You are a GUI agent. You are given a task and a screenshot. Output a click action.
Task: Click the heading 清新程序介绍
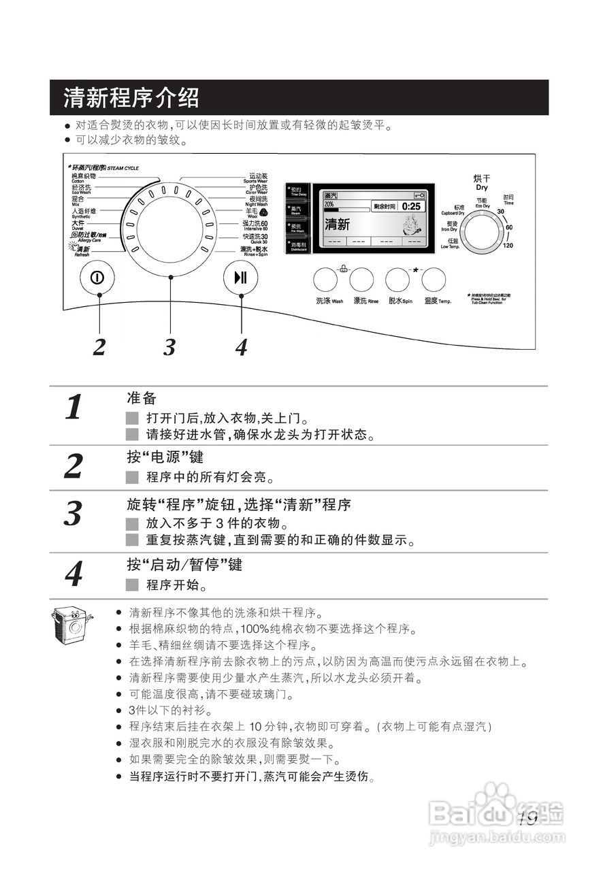point(131,98)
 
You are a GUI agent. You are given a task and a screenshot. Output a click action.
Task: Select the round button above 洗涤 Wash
point(325,280)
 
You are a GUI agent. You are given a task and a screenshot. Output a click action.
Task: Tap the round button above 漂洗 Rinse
point(361,280)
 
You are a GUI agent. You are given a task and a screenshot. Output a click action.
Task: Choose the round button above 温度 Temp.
point(434,280)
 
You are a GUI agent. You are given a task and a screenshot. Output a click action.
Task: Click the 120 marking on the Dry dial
point(508,246)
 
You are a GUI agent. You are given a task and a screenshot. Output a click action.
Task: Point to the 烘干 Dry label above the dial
point(482,182)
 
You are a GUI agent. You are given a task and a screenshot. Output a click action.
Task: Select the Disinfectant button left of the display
point(298,246)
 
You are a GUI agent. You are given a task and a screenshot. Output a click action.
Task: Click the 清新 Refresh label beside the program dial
point(81,251)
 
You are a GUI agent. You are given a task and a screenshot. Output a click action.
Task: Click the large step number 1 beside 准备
point(74,407)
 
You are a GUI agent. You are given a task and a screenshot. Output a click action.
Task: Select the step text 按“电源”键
point(165,457)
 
